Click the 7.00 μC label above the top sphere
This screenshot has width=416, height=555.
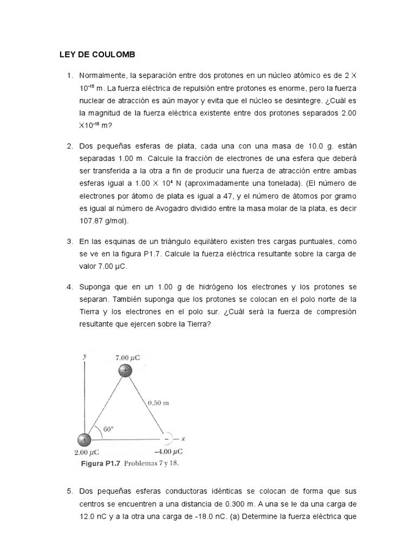(x=128, y=357)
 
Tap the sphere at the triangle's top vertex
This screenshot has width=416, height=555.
(x=125, y=370)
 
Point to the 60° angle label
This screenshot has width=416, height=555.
(x=108, y=429)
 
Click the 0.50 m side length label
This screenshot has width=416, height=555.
(x=158, y=403)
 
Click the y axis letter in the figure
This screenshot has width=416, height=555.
(x=84, y=357)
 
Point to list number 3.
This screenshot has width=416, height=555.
(x=69, y=241)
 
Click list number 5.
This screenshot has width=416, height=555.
(x=69, y=491)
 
